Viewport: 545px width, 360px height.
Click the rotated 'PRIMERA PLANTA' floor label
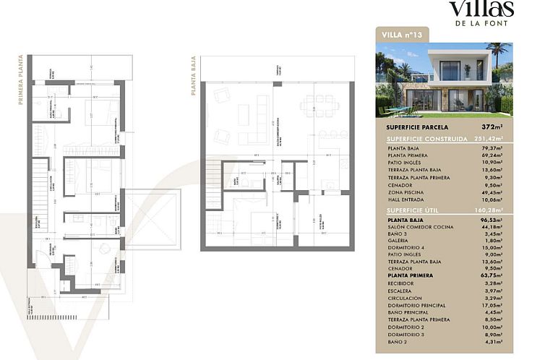click(x=21, y=80)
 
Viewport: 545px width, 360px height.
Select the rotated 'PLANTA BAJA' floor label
click(x=194, y=77)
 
